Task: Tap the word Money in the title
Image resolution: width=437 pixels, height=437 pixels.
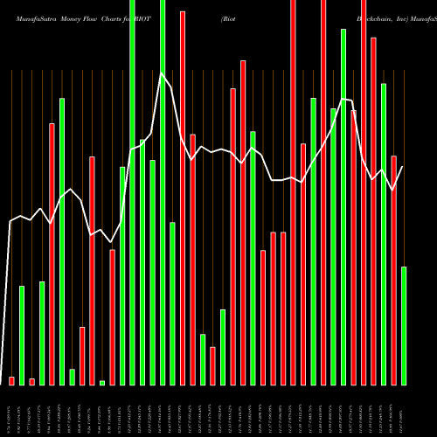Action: click(73, 17)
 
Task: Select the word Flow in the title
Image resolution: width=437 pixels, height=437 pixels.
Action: click(97, 17)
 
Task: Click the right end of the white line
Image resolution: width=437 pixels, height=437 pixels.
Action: click(403, 167)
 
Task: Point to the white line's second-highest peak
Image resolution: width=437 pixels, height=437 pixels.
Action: click(343, 100)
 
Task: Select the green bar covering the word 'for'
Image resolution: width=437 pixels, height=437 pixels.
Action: click(133, 192)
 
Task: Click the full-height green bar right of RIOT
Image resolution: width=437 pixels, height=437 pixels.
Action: click(163, 192)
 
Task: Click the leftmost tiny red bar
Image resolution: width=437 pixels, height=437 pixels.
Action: click(11, 380)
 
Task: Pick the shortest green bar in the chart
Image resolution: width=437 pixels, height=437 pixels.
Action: click(102, 382)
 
